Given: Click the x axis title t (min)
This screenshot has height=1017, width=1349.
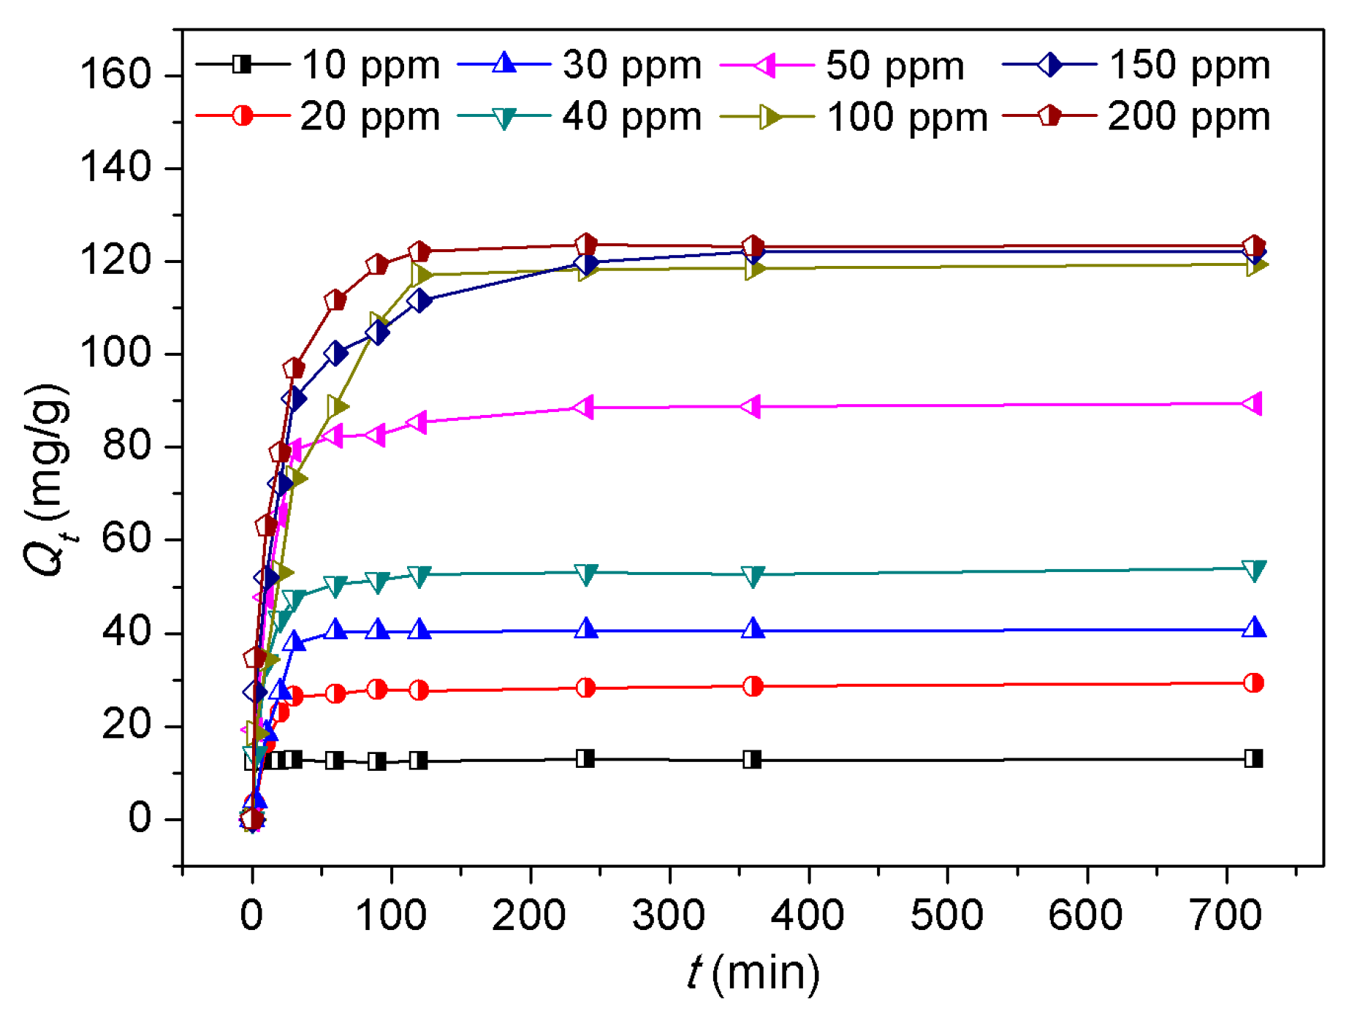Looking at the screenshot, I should click(753, 973).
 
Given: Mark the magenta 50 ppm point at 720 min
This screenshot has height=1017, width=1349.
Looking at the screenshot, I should click(1253, 403).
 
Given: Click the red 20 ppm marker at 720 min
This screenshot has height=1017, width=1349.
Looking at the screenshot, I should click(1253, 683).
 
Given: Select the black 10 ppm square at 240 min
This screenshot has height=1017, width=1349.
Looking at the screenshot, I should click(585, 758).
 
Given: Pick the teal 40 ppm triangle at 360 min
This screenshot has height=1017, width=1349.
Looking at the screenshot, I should click(753, 576).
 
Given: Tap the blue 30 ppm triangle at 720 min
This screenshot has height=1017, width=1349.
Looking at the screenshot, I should click(1254, 628).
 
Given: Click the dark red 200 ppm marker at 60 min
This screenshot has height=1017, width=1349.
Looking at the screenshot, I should click(335, 300).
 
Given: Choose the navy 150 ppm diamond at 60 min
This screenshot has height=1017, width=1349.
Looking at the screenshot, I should click(335, 354).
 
